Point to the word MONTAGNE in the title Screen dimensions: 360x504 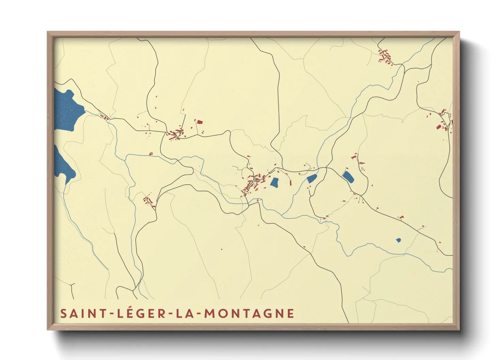(x=249, y=313)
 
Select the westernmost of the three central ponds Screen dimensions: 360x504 (x=274, y=182)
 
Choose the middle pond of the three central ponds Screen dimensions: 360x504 (x=312, y=178)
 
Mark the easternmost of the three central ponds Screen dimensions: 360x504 (x=348, y=177)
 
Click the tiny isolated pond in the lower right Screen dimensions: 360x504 (x=398, y=240)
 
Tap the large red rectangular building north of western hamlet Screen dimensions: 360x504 (x=199, y=121)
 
